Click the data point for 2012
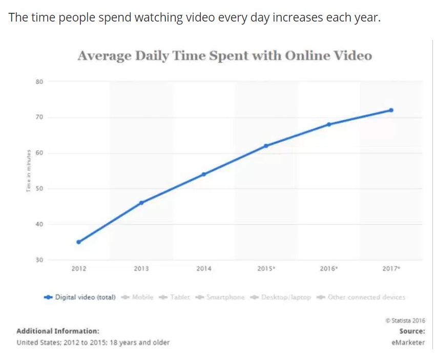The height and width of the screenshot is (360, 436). [x=78, y=242]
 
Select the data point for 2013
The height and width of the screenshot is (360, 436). [x=141, y=203]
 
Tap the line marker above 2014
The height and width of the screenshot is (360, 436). [x=203, y=174]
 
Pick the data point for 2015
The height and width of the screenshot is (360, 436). [x=266, y=146]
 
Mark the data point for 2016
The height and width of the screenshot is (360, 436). [x=328, y=124]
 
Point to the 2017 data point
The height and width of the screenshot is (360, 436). [x=391, y=110]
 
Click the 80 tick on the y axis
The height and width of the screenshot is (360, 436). [x=39, y=81]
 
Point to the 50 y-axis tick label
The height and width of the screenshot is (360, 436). [x=39, y=189]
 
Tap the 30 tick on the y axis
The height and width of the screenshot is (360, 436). [x=39, y=260]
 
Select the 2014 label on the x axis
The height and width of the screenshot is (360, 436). [x=203, y=269]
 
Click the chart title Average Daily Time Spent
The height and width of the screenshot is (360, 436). [x=224, y=55]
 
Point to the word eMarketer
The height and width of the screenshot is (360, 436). [x=408, y=343]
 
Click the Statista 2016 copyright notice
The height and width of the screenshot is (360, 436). [x=405, y=321]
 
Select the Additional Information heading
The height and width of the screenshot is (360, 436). [x=58, y=331]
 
